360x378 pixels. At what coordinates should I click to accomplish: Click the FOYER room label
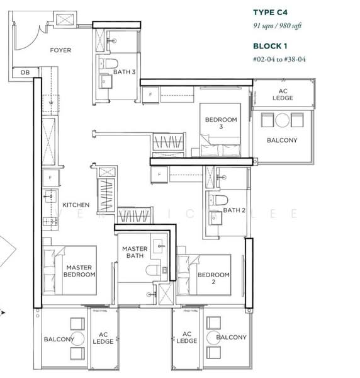click(x=60, y=50)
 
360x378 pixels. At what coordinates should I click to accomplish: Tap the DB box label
click(x=25, y=72)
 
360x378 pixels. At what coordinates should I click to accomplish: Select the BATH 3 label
click(x=125, y=72)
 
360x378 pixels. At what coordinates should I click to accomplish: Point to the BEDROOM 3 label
click(x=221, y=123)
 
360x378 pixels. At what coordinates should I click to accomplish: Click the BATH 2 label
click(x=235, y=210)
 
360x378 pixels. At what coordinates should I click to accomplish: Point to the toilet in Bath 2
click(x=218, y=200)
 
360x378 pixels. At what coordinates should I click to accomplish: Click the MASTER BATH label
click(x=135, y=253)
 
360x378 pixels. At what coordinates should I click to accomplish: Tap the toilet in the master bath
click(x=153, y=270)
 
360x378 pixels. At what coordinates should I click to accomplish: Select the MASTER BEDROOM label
click(x=80, y=271)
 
